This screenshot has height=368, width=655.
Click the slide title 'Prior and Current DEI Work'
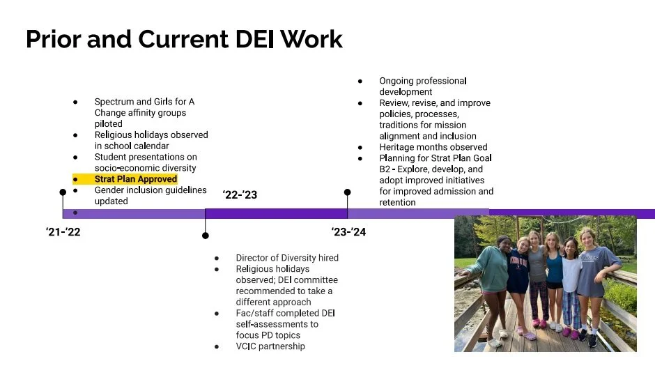[x=184, y=39]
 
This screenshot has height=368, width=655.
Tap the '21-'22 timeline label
[x=63, y=232]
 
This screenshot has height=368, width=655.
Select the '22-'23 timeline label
[x=240, y=195]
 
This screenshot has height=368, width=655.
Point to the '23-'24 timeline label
[x=348, y=232]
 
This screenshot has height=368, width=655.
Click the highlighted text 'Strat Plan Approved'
[x=136, y=179]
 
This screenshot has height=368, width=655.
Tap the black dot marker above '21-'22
[x=63, y=192]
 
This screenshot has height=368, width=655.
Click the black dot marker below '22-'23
[x=206, y=236]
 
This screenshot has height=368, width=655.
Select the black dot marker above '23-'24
[x=348, y=192]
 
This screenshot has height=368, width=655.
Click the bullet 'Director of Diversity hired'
[x=286, y=258]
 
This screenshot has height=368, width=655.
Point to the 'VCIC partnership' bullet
[x=270, y=346]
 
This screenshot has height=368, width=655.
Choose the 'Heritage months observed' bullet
[x=433, y=147]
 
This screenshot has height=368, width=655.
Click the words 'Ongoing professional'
[x=422, y=81]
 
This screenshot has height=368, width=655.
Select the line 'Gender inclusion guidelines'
[x=151, y=190]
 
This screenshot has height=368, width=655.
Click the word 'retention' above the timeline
[x=397, y=202]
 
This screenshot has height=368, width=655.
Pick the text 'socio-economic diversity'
[x=146, y=168]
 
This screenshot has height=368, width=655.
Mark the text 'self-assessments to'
[x=277, y=324]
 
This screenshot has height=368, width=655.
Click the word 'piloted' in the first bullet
[x=108, y=124]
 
